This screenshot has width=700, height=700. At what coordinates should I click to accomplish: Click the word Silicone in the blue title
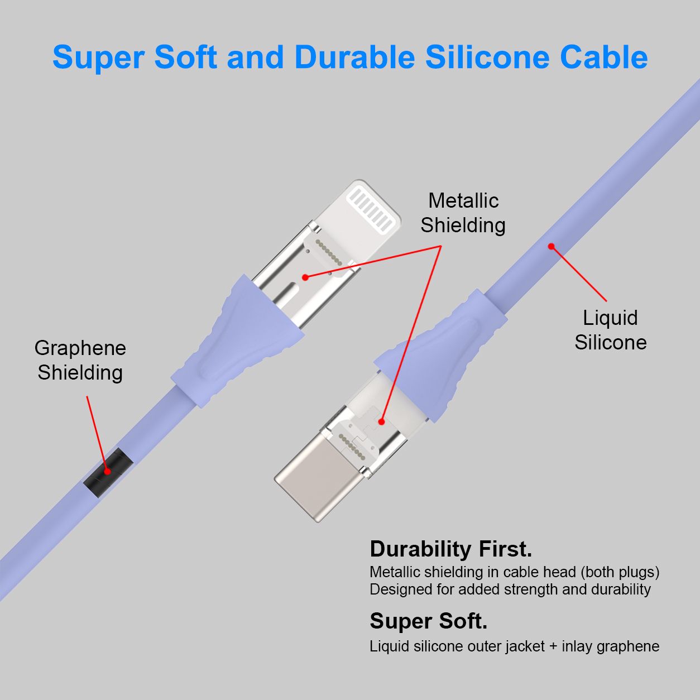tap(487, 57)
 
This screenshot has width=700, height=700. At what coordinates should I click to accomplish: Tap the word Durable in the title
tap(354, 57)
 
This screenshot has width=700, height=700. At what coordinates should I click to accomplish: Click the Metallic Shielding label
tap(463, 213)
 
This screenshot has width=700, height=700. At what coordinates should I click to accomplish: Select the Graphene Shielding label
tap(80, 361)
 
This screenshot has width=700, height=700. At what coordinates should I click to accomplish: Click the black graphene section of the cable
tap(108, 472)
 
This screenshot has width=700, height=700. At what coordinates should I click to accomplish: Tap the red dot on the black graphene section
tap(108, 472)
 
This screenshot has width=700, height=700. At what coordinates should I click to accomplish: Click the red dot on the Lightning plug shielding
tap(305, 277)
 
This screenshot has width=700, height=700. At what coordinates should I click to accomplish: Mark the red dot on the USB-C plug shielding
tap(381, 422)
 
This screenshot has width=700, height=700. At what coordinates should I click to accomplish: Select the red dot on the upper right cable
tap(551, 246)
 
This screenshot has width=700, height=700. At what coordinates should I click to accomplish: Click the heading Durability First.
tap(451, 549)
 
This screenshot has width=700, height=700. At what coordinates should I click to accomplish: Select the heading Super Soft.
tap(429, 621)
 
